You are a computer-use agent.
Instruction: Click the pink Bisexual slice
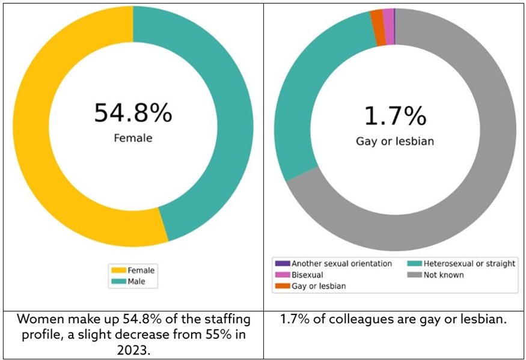click(x=388, y=18)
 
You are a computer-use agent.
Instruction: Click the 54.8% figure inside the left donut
click(x=133, y=113)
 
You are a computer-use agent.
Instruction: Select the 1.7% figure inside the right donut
click(x=394, y=115)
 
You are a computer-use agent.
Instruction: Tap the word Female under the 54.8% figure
click(x=133, y=138)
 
